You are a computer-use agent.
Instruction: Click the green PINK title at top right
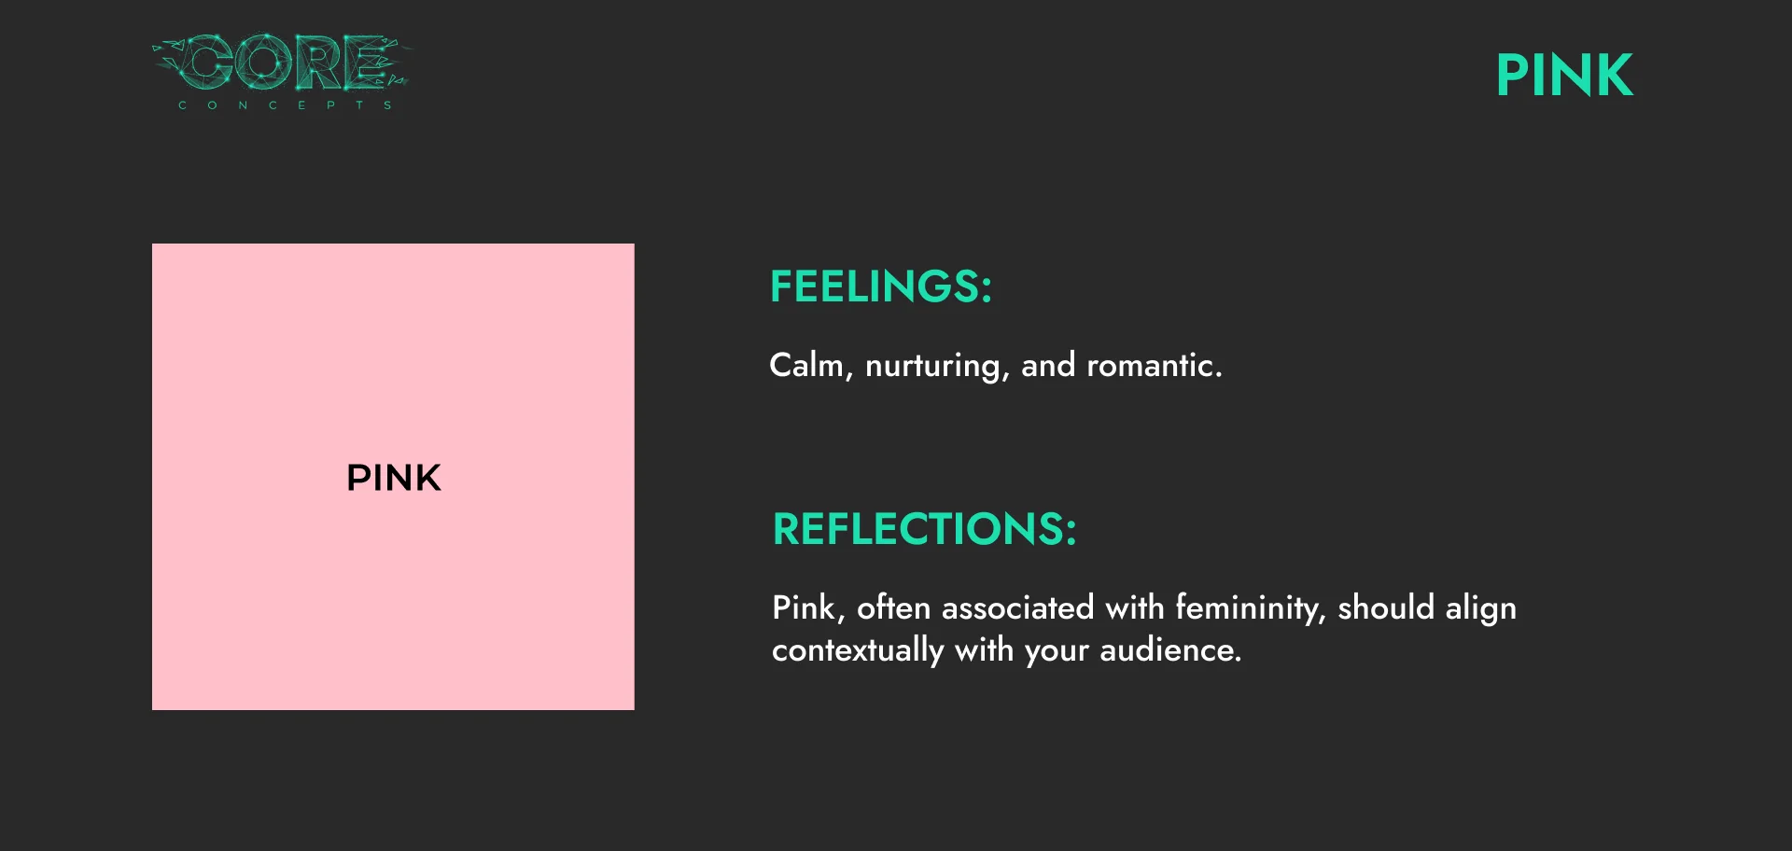[1564, 75]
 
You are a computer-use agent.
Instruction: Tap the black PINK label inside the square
[393, 478]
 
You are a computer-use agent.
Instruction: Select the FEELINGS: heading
[880, 286]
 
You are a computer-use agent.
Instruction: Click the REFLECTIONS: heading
[924, 528]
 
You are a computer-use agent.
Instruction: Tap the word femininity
[1250, 607]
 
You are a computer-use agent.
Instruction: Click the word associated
[1017, 607]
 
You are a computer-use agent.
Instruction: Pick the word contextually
[858, 649]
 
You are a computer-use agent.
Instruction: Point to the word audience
[1170, 649]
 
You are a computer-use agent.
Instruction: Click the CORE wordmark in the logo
[281, 62]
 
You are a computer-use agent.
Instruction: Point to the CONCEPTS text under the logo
[285, 105]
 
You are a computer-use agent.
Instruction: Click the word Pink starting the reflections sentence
[808, 607]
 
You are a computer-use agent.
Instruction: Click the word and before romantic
[1048, 365]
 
